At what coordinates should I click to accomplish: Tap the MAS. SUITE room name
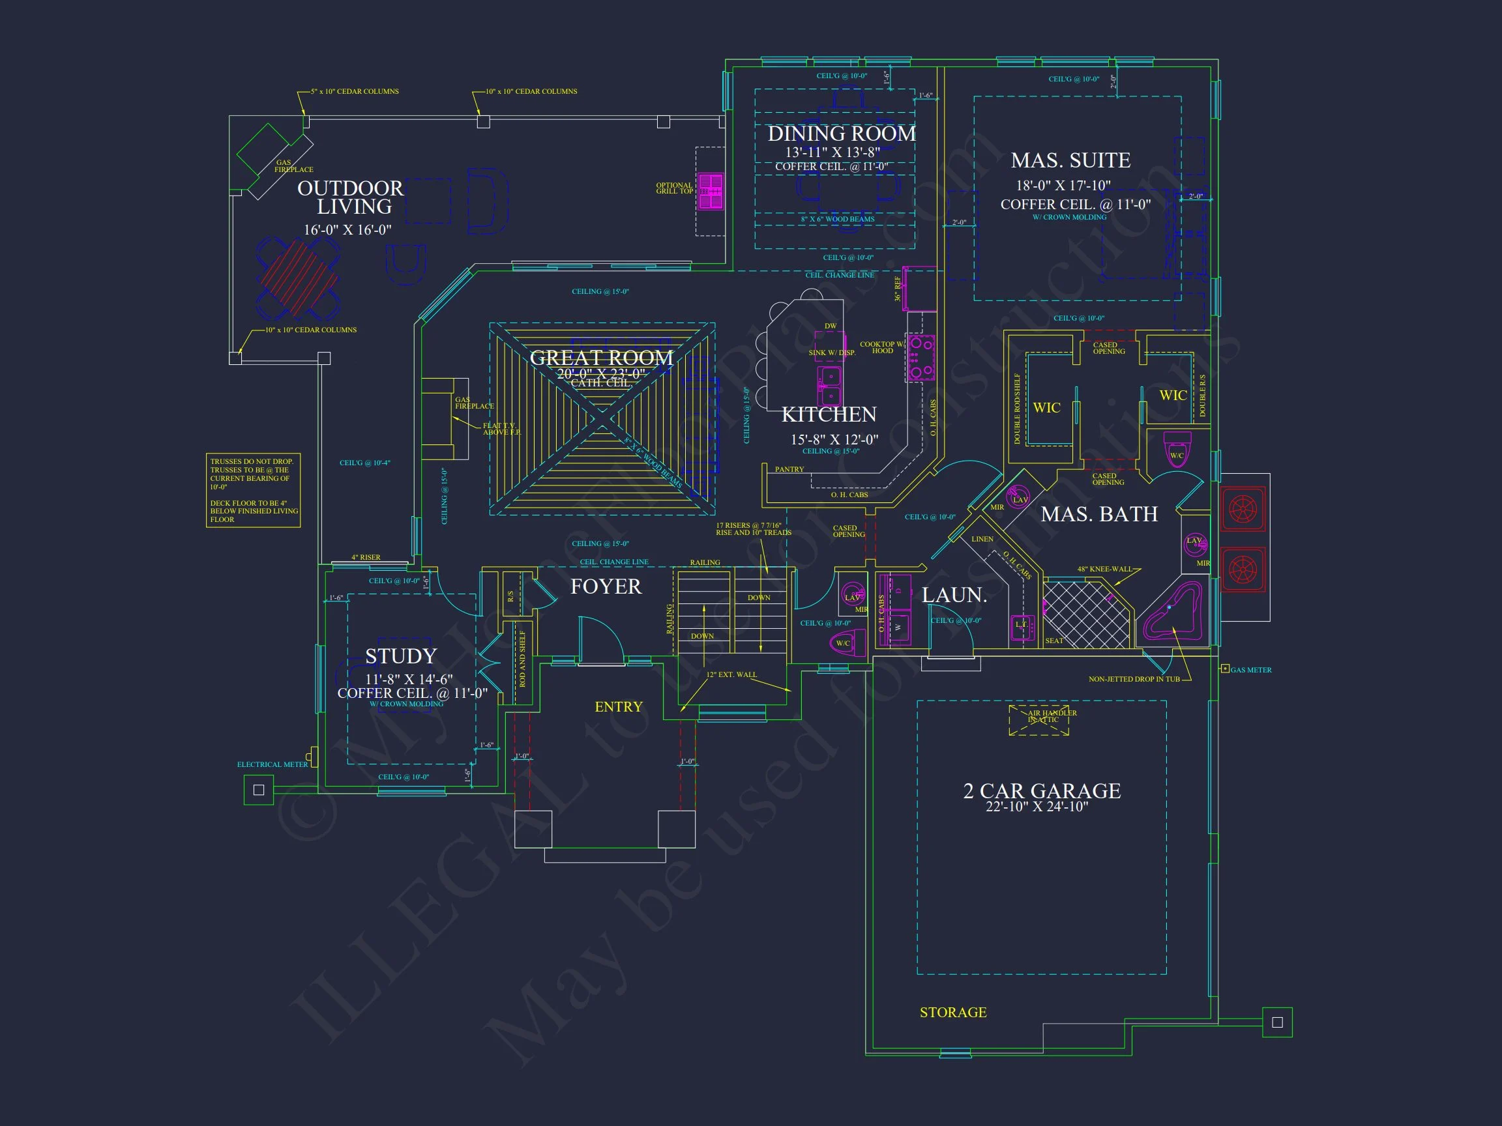coord(1070,160)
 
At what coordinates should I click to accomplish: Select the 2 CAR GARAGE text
coord(1042,790)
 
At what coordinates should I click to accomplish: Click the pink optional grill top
coord(711,192)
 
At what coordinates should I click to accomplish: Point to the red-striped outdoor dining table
coord(298,278)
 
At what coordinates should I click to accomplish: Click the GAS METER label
coord(1250,670)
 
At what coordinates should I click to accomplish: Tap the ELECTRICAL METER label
coord(272,764)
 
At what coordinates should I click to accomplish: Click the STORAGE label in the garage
coord(952,1013)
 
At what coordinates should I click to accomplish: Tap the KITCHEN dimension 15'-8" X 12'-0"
coord(834,439)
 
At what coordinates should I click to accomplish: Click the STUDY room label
coord(401,656)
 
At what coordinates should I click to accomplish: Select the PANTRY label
coord(789,469)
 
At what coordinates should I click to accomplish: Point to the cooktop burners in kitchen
coord(921,358)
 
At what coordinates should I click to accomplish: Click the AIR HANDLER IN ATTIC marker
coord(1039,720)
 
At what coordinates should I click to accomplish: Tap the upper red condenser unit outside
coord(1243,509)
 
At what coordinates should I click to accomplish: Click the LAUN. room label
coord(954,595)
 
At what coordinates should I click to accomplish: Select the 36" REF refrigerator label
coord(898,289)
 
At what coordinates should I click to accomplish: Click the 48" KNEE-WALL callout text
coord(1104,569)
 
